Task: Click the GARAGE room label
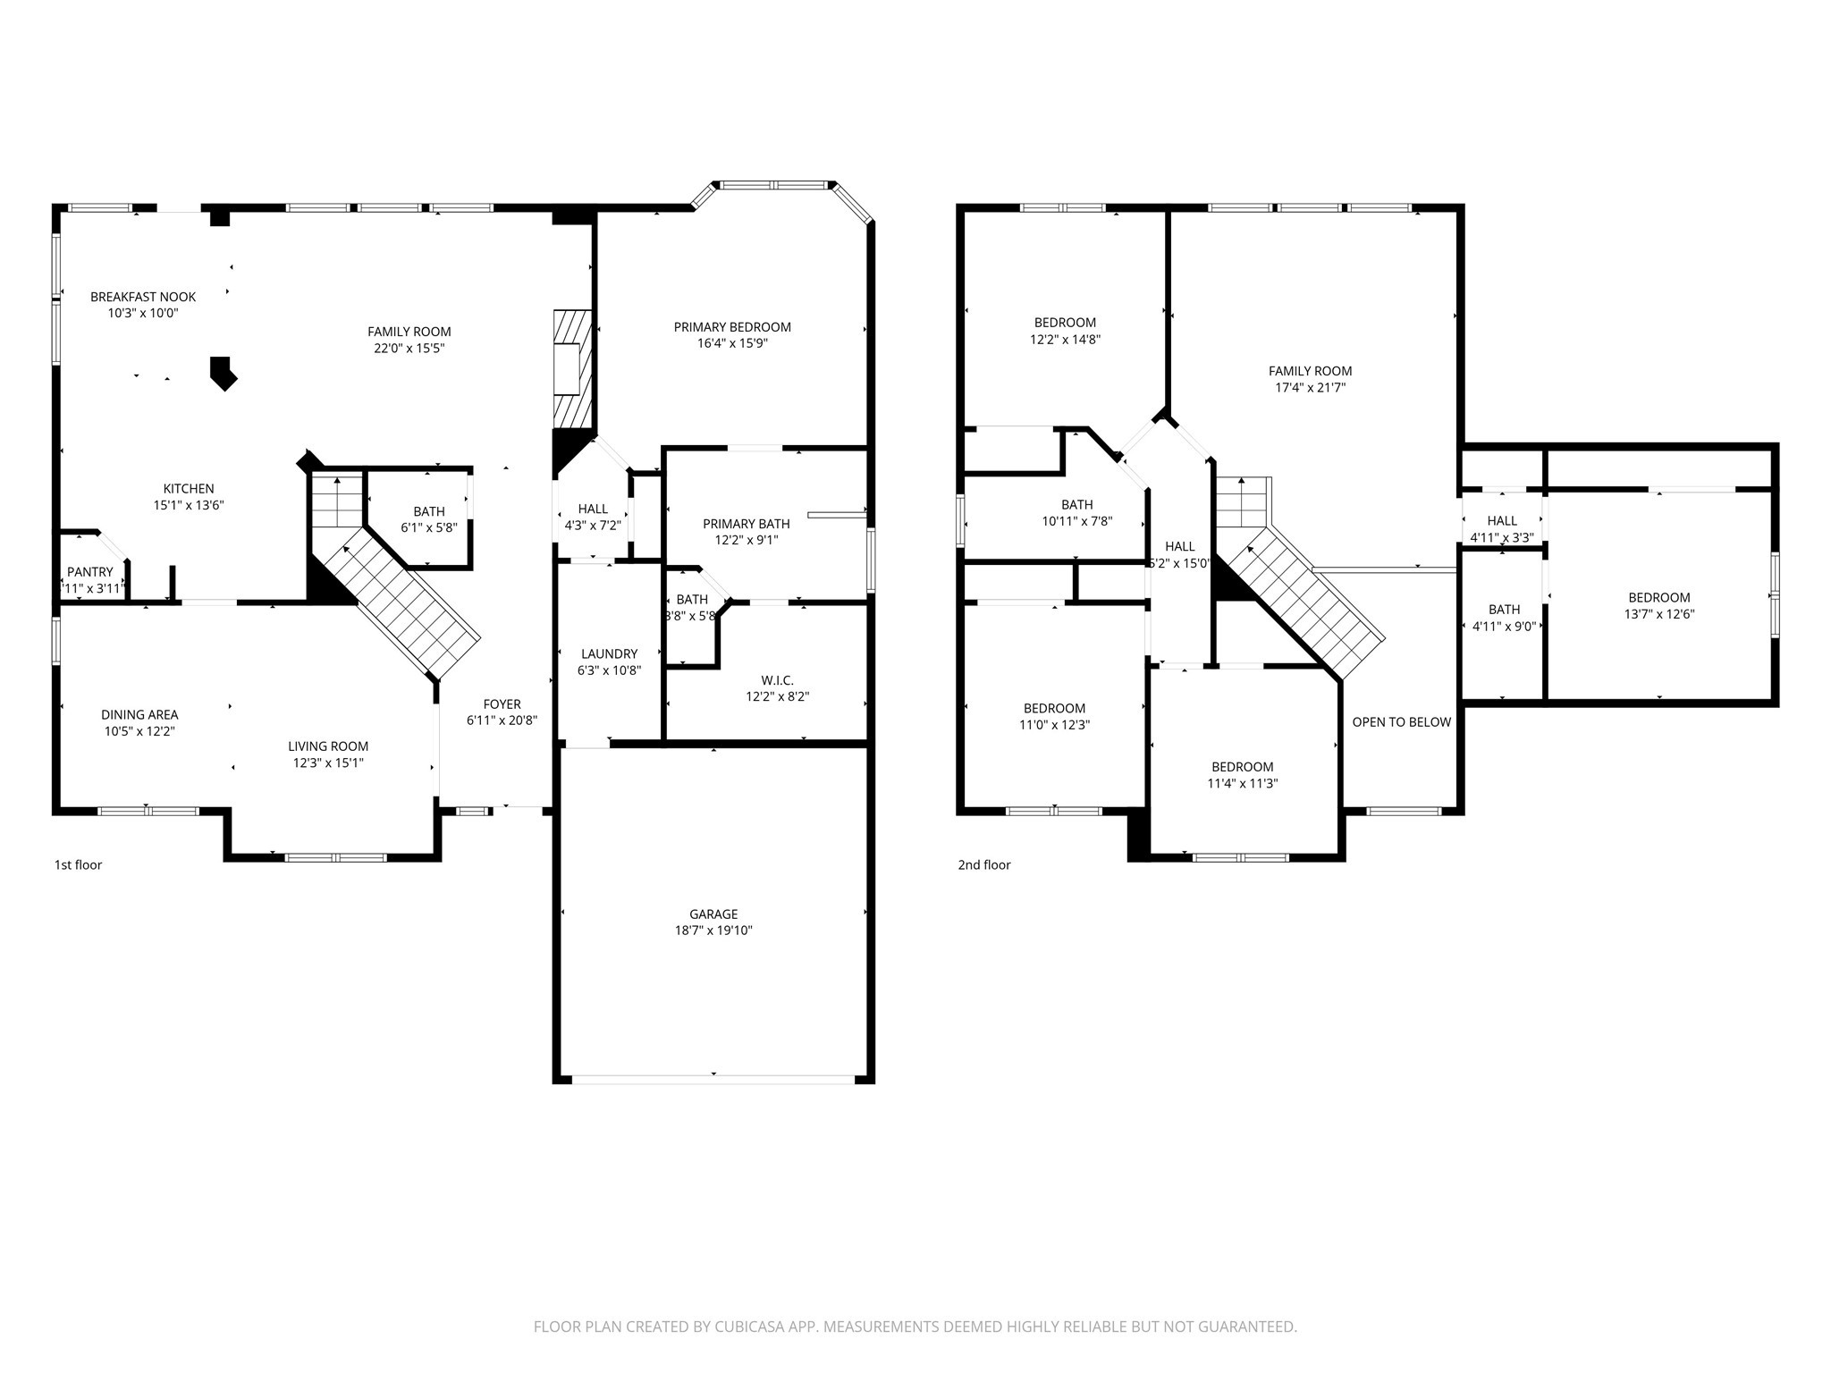click(x=713, y=914)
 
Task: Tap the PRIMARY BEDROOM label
click(x=732, y=327)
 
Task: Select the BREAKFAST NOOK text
click(x=143, y=297)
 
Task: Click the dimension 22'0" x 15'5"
click(x=409, y=348)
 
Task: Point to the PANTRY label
click(x=90, y=572)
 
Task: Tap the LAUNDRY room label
click(x=609, y=653)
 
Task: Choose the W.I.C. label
click(x=777, y=680)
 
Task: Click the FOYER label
click(x=502, y=704)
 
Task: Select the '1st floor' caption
click(x=79, y=864)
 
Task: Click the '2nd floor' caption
click(x=984, y=864)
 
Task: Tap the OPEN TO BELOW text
click(x=1401, y=722)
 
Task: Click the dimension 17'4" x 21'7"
click(x=1310, y=388)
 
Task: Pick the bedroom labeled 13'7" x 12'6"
click(x=1658, y=606)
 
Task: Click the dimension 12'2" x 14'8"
click(x=1065, y=340)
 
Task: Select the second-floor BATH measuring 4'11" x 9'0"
click(x=1504, y=618)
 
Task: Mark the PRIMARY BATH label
click(x=746, y=524)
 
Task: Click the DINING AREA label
click(x=139, y=714)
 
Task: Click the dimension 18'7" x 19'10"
click(x=713, y=931)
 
